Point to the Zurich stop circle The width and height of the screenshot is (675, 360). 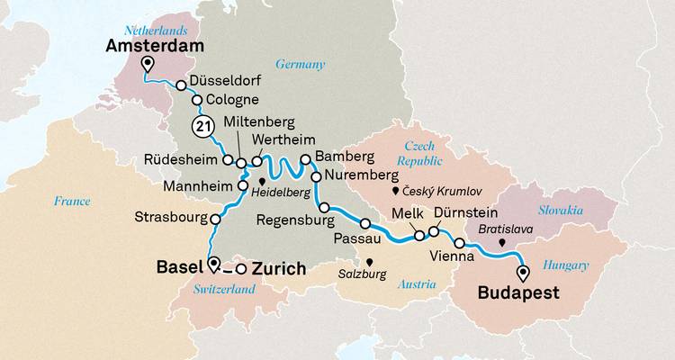pos(240,268)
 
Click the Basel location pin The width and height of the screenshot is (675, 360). pos(213,264)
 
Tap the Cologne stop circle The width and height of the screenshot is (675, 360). pos(197,100)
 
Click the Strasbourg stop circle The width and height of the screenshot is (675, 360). pos(216,218)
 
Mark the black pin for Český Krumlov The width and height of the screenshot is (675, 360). pos(394,192)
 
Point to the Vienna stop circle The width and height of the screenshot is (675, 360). pos(460,244)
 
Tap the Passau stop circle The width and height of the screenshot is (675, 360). pos(365,223)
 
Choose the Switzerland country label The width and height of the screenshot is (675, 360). pos(224,289)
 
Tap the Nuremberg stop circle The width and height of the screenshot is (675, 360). pos(316,176)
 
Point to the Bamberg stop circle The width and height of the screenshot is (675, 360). pos(305,159)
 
